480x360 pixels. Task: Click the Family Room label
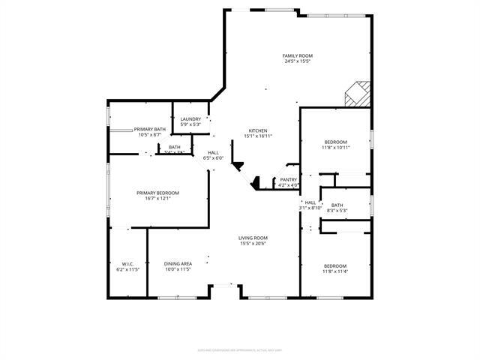297,56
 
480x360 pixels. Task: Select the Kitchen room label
258,130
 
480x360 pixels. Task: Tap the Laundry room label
190,118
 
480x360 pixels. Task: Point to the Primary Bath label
150,129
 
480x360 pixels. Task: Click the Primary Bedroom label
157,193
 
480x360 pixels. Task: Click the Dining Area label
178,263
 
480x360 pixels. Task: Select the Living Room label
253,238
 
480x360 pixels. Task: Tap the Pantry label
288,179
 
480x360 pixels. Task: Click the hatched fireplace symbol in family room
357,94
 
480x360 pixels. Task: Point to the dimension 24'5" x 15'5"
297,61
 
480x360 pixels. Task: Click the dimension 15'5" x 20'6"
253,244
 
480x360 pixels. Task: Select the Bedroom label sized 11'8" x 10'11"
335,142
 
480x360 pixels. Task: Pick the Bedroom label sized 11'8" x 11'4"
335,265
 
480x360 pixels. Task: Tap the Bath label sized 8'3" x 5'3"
337,205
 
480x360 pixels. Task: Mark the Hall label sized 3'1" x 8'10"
310,202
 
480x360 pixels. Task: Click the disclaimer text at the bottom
239,349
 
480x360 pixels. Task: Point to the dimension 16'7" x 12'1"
157,199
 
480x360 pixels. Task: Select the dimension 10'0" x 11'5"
178,269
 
